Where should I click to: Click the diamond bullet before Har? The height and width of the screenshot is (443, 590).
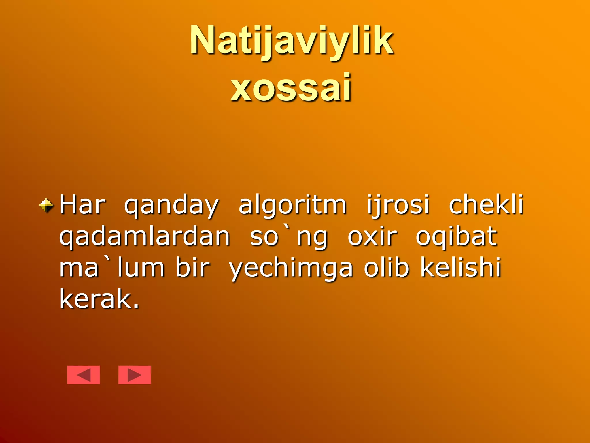click(46, 206)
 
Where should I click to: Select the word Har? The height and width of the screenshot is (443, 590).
click(82, 205)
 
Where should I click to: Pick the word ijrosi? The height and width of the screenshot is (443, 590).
click(398, 205)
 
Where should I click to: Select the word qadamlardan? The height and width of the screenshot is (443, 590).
click(145, 237)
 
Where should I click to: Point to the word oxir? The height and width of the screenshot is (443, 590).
click(372, 237)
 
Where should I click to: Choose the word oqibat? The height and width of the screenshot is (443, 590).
click(456, 237)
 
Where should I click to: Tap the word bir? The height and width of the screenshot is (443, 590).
click(192, 268)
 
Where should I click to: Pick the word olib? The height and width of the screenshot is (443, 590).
click(386, 268)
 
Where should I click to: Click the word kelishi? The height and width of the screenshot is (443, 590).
click(461, 268)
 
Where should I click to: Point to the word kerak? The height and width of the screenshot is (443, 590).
click(99, 299)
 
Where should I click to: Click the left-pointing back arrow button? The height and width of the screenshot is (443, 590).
click(84, 375)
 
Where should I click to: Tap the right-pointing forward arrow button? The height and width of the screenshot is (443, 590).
click(135, 375)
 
